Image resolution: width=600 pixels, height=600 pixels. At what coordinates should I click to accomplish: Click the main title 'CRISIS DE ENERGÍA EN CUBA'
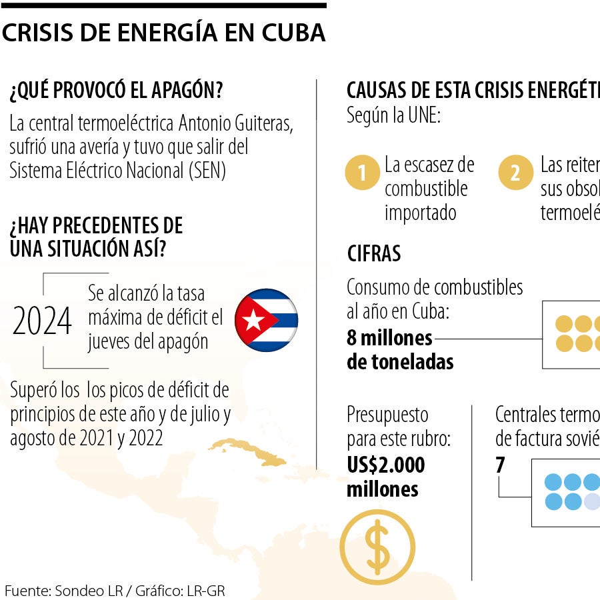click(x=163, y=33)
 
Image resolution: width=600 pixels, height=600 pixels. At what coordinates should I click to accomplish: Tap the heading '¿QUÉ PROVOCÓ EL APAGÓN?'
click(x=116, y=91)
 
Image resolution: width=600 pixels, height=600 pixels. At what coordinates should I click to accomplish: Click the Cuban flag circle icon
click(x=267, y=321)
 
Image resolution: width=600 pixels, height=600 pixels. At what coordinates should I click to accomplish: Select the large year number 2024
click(x=42, y=322)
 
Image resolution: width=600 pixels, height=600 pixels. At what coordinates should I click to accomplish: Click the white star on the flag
click(x=253, y=321)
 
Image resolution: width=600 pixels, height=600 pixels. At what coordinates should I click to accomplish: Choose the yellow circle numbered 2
click(x=515, y=173)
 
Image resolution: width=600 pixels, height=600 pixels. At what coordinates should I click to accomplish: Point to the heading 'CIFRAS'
click(x=374, y=253)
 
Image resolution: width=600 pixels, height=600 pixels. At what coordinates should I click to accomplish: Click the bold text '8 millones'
click(x=389, y=338)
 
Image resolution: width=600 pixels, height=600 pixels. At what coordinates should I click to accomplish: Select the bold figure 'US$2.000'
click(x=385, y=465)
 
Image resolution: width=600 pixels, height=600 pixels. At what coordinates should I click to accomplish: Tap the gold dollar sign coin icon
click(x=378, y=547)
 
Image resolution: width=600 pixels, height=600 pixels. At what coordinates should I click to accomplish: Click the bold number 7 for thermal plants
click(x=501, y=465)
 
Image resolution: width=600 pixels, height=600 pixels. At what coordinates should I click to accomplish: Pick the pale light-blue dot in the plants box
click(x=592, y=501)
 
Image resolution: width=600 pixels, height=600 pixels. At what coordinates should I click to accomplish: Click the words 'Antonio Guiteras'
click(x=237, y=124)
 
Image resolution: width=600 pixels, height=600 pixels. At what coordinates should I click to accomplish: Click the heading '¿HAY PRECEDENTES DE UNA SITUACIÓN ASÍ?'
click(x=96, y=237)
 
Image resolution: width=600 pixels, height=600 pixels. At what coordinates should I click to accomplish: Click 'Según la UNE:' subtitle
click(x=393, y=115)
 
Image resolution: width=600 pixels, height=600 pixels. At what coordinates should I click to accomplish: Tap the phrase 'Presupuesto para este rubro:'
click(x=399, y=427)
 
